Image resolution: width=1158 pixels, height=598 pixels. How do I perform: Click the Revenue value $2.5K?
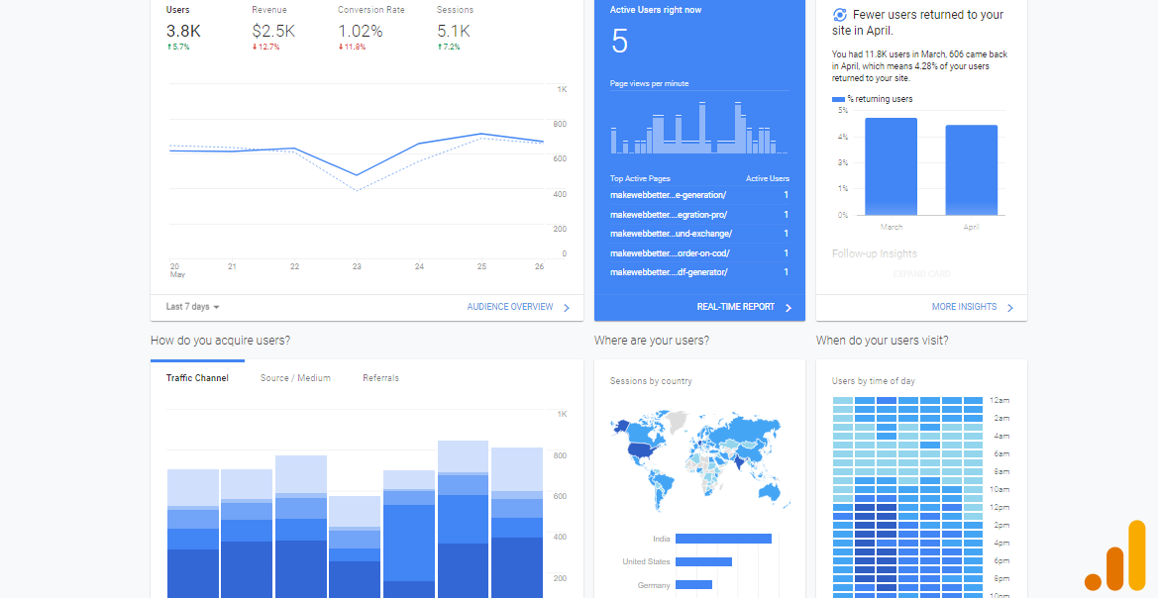pos(273,31)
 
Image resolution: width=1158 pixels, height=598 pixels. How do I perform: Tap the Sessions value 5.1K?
pos(454,31)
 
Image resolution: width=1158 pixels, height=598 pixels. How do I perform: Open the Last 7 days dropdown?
pos(193,307)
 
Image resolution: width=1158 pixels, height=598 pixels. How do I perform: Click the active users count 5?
pos(620,42)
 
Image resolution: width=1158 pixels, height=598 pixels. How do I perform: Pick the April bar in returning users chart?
pos(971,170)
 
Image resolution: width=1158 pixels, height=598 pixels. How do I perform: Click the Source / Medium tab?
pos(295,378)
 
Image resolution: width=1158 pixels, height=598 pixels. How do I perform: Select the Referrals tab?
pos(380,378)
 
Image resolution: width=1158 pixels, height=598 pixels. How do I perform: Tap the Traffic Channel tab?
pos(197,378)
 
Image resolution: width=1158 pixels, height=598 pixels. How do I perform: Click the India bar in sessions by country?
pos(723,539)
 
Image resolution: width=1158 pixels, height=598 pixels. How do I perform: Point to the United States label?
pos(646,561)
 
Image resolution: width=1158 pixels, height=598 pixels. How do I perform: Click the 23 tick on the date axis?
pos(357,266)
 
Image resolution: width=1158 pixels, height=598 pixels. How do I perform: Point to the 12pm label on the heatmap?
pos(1000,507)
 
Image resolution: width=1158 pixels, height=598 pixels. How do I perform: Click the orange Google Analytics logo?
pos(1116,557)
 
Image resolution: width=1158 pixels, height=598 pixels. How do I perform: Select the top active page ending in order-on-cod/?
pos(670,252)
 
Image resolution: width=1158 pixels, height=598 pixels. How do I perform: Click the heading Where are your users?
pos(651,341)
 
